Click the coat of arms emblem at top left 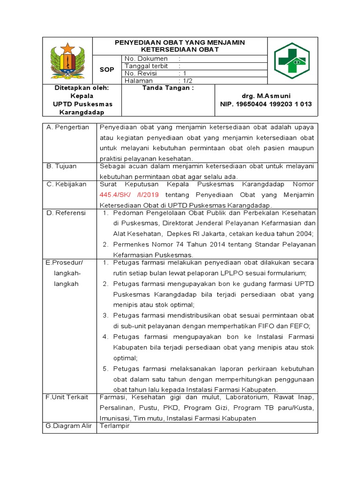click(67, 60)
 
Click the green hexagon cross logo click(292, 60)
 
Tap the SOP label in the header click(107, 69)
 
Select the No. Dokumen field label click(146, 59)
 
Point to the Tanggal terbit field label click(146, 66)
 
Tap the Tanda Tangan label click(168, 88)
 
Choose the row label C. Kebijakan click(67, 184)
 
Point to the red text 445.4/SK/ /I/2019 click(129, 195)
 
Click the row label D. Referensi click(66, 213)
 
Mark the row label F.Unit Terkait click(67, 397)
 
